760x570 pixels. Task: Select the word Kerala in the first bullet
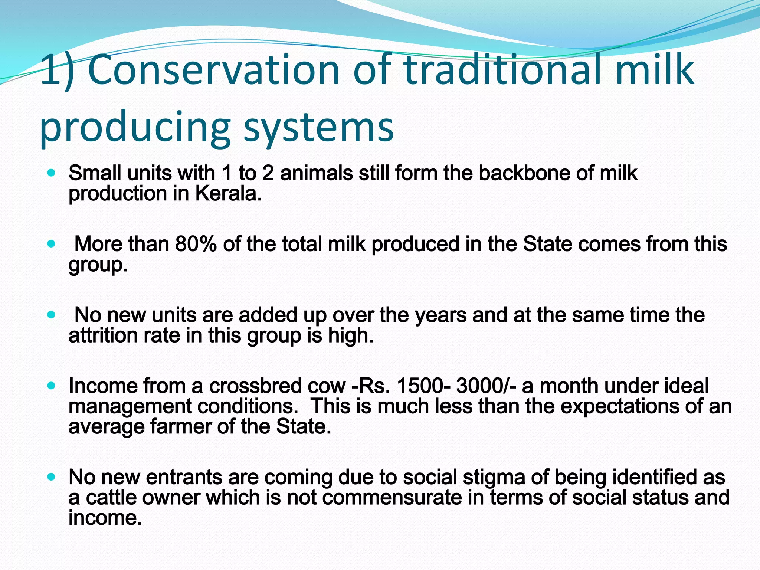coord(228,194)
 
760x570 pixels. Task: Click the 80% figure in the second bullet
coord(196,244)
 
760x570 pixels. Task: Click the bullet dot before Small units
coord(52,173)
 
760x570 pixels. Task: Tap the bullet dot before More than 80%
coord(52,244)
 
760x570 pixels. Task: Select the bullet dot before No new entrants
coord(52,477)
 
